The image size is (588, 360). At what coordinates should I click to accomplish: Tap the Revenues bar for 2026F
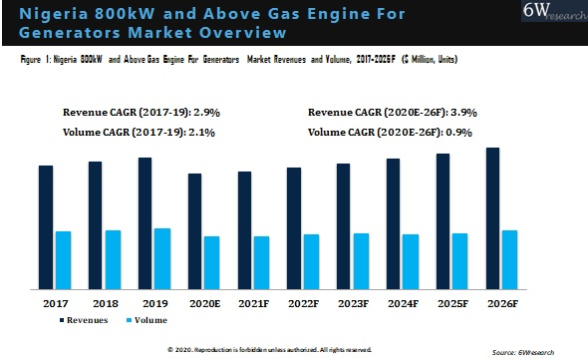point(492,218)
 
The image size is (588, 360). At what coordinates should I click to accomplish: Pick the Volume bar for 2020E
point(211,262)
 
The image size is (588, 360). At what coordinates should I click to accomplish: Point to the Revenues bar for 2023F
point(343,226)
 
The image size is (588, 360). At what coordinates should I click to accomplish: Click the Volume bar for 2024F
point(410,261)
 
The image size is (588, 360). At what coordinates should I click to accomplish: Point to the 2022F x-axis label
point(302,301)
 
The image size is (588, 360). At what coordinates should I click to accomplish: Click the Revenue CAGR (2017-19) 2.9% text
point(135,114)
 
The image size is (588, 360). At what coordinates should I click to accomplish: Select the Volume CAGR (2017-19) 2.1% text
point(133,132)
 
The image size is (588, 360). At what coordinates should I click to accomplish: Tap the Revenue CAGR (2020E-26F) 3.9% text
point(388,114)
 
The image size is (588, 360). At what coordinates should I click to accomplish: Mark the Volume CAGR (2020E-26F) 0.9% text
point(385,132)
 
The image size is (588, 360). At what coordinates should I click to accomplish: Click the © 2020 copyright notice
point(269,349)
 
